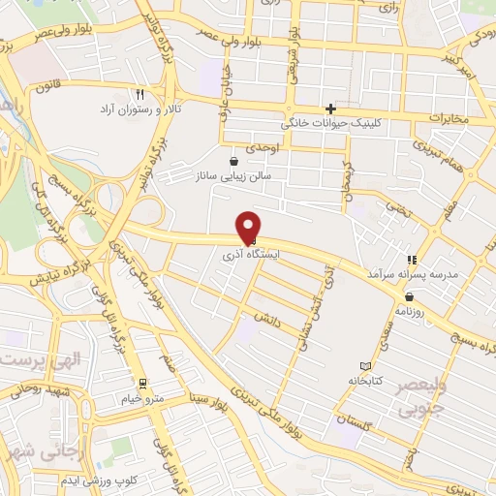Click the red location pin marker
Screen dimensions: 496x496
click(x=249, y=228)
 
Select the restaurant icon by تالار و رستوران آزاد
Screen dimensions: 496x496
click(x=140, y=95)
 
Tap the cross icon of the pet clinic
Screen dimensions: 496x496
click(x=331, y=108)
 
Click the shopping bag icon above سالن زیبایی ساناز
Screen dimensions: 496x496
click(x=232, y=161)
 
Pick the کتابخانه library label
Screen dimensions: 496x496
click(x=366, y=381)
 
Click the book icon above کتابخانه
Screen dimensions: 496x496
click(x=365, y=366)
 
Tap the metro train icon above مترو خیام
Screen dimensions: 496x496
click(x=143, y=382)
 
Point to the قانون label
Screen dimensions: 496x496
click(x=47, y=86)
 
